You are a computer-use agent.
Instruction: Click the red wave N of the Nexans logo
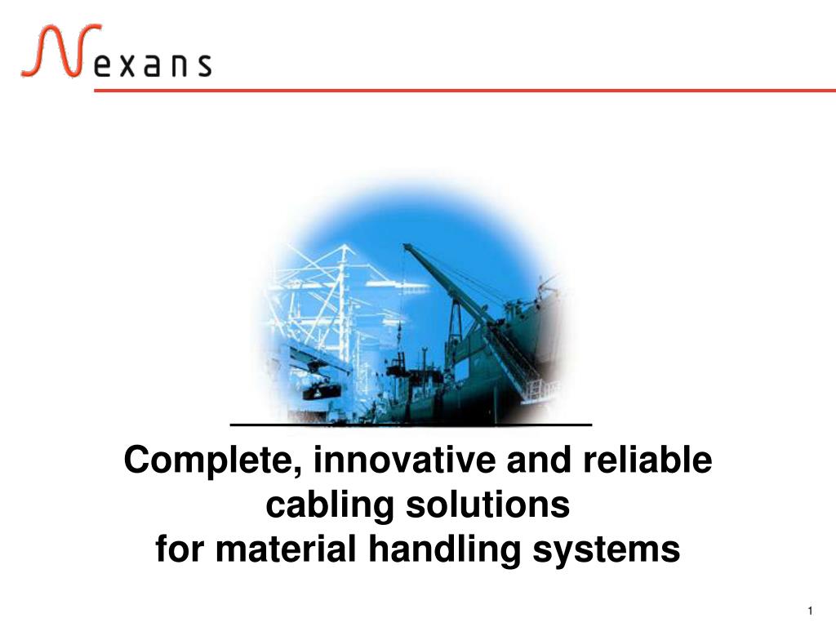coord(60,51)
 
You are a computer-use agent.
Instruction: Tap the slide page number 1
coord(810,611)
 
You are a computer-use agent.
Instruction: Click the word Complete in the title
coord(213,460)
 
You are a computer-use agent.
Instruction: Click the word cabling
coord(330,505)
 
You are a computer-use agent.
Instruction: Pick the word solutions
coord(488,504)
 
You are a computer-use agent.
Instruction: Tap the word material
coord(285,549)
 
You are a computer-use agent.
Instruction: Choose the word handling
coord(444,550)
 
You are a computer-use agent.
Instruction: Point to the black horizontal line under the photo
coord(411,425)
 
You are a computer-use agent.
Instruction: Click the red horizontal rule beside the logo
coord(465,91)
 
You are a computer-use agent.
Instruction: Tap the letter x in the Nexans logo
coord(123,65)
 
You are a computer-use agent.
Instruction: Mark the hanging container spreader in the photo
coord(322,391)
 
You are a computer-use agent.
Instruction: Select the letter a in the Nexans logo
coord(151,65)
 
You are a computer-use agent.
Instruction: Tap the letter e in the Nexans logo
coord(103,65)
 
